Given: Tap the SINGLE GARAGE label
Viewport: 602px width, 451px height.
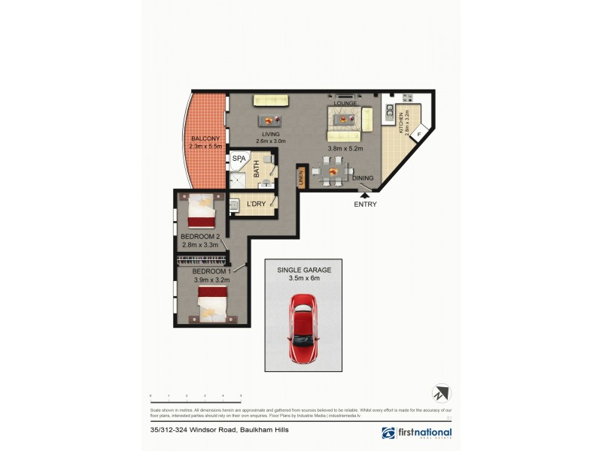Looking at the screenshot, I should coord(304,269).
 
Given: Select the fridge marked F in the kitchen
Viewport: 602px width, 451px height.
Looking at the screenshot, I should coord(420,135).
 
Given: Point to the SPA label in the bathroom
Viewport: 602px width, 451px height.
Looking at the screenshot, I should coord(239,159).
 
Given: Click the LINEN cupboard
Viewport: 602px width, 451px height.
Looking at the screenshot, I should coord(299,178).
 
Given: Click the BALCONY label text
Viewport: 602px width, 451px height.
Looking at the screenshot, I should coord(204,139).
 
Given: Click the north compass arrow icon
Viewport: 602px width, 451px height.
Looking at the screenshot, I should coord(440,393).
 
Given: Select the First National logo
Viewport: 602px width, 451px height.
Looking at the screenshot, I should coord(417,433).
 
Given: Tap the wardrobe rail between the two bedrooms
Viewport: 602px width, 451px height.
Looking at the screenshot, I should coord(202,260).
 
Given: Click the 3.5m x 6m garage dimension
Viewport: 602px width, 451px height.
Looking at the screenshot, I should coord(304,278).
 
